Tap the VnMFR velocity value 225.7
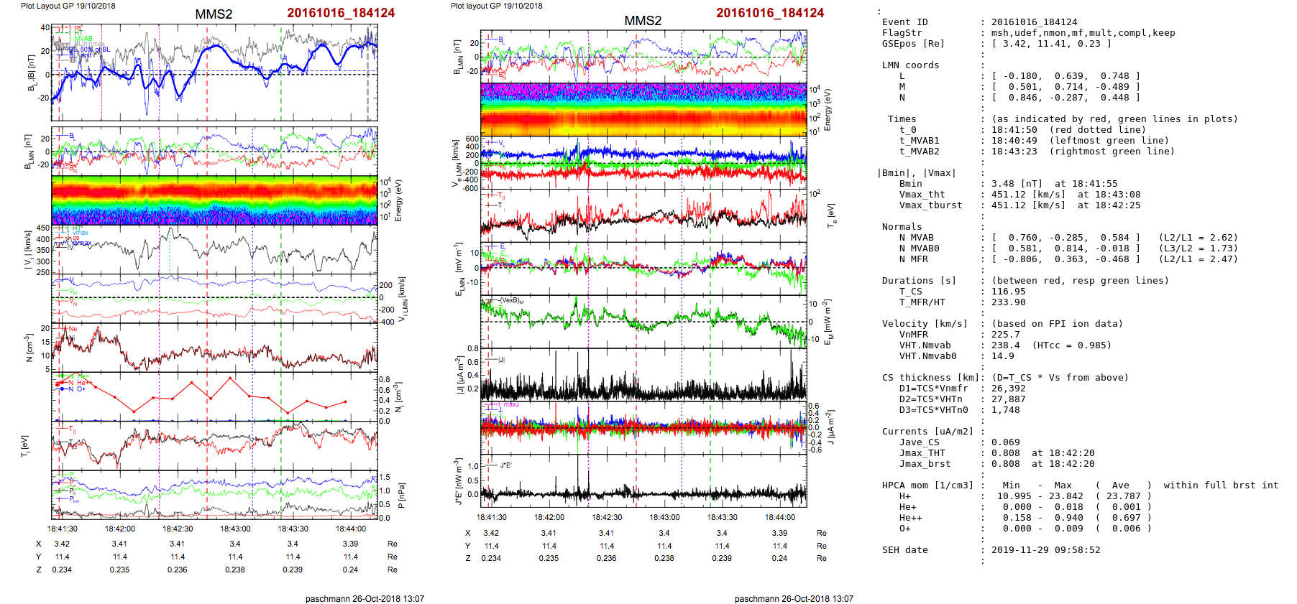tap(1006, 335)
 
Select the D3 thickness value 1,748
tap(1006, 410)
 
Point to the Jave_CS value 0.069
tap(1006, 442)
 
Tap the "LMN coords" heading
tap(910, 65)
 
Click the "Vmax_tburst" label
tap(930, 205)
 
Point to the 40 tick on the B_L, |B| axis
tap(45, 28)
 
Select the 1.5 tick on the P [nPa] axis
tap(385, 477)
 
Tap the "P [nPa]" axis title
tap(401, 495)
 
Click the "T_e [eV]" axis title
tap(832, 215)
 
